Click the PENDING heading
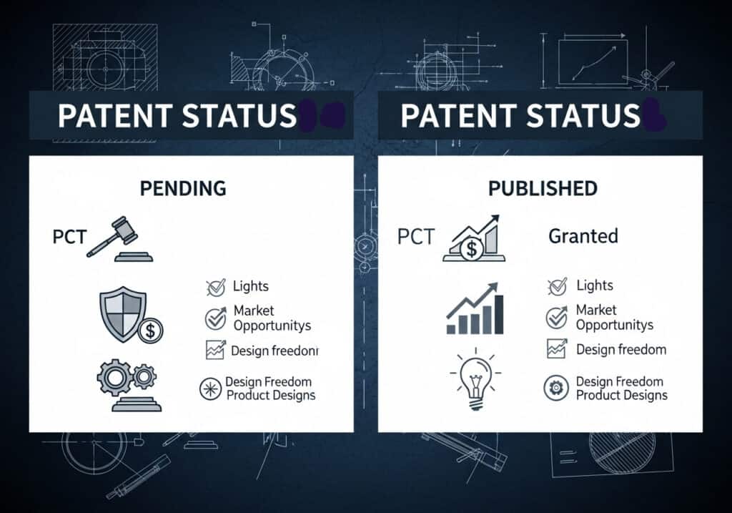pyautogui.click(x=183, y=188)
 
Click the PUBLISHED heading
pyautogui.click(x=543, y=188)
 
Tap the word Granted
pyautogui.click(x=583, y=235)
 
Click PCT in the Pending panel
pyautogui.click(x=69, y=237)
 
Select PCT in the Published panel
pyautogui.click(x=415, y=236)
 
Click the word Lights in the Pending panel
pyautogui.click(x=251, y=286)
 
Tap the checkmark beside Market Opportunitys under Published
pyautogui.click(x=556, y=317)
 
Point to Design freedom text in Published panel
pyautogui.click(x=621, y=350)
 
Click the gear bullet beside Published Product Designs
pyautogui.click(x=555, y=388)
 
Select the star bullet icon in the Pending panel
pyautogui.click(x=210, y=389)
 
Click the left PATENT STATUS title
pyautogui.click(x=177, y=116)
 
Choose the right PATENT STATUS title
pyautogui.click(x=520, y=116)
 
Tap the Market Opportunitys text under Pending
pyautogui.click(x=272, y=318)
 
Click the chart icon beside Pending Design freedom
pyautogui.click(x=215, y=350)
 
